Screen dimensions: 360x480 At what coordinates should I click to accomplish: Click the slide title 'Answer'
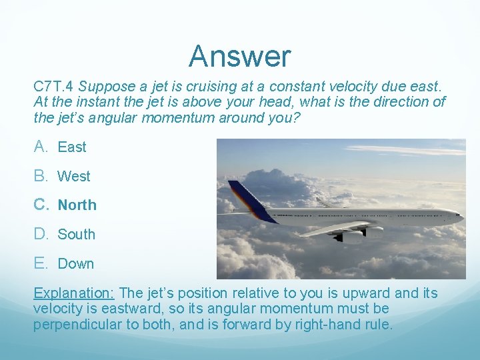pyautogui.click(x=239, y=56)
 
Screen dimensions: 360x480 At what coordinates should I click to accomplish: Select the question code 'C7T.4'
pyautogui.click(x=54, y=87)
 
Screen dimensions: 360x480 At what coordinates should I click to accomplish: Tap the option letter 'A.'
pyautogui.click(x=41, y=147)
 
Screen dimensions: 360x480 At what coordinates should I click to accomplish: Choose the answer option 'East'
pyautogui.click(x=72, y=147)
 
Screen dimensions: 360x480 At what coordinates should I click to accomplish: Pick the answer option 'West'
pyautogui.click(x=74, y=177)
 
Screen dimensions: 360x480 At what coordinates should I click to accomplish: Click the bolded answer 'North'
pyautogui.click(x=77, y=205)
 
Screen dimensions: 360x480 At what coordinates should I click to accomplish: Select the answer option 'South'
pyautogui.click(x=77, y=235)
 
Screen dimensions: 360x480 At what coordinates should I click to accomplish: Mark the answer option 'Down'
pyautogui.click(x=76, y=264)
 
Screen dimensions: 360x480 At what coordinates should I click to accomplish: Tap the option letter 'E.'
pyautogui.click(x=41, y=263)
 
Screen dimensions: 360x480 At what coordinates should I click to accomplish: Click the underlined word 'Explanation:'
pyautogui.click(x=74, y=293)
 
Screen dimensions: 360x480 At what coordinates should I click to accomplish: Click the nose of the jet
pyautogui.click(x=459, y=215)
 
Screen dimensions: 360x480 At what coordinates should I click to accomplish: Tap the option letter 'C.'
pyautogui.click(x=41, y=205)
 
